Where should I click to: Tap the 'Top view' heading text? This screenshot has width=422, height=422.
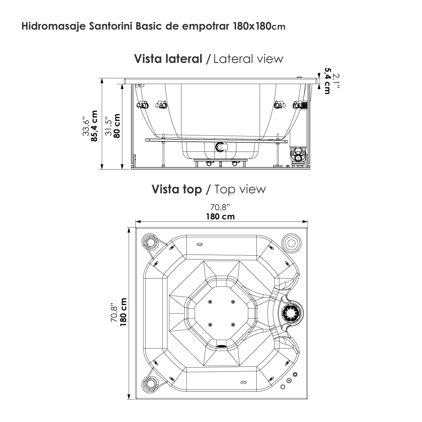(x=240, y=189)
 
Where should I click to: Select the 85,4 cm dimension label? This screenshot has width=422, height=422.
(x=94, y=126)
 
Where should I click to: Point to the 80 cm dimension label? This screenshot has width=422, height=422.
(x=117, y=126)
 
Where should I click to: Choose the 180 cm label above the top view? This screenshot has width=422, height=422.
(x=220, y=216)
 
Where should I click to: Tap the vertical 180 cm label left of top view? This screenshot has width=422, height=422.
(x=123, y=312)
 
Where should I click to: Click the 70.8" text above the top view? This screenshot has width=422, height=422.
(x=220, y=207)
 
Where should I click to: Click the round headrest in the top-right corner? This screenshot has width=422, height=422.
(x=292, y=242)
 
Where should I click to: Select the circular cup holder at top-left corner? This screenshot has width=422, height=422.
(x=152, y=242)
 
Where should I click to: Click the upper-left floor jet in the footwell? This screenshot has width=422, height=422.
(x=210, y=302)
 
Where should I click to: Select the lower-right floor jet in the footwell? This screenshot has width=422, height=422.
(x=233, y=324)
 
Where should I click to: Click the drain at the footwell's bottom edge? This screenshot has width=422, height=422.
(x=222, y=346)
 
